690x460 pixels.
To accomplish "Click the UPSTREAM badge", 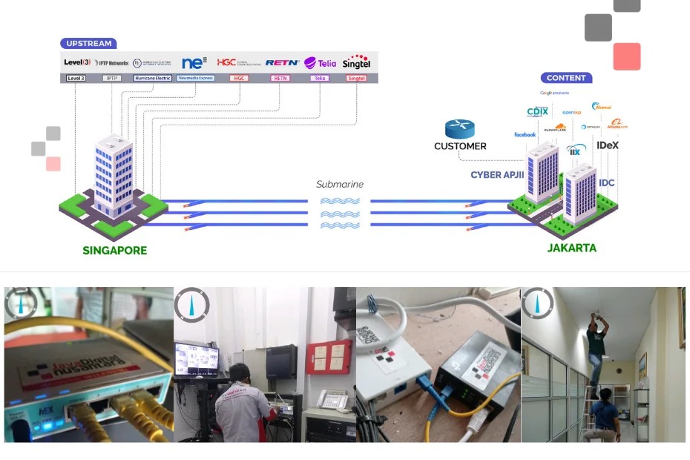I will click(88, 44).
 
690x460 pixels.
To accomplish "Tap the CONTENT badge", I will click(566, 78).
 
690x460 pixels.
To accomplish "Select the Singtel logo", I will click(356, 62).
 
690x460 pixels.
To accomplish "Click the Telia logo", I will click(321, 63).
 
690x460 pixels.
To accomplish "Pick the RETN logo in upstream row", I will click(282, 63).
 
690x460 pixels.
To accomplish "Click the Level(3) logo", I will click(77, 63).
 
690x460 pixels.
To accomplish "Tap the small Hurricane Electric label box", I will click(153, 78).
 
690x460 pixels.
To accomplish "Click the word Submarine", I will click(340, 184).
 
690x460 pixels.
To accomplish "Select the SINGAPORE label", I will click(115, 251).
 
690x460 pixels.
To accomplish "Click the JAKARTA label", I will click(571, 248).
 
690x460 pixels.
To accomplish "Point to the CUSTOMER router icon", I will click(460, 129).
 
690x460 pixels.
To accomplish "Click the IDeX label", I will click(607, 145).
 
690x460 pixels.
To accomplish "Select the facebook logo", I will click(525, 135).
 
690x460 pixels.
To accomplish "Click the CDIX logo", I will click(537, 112).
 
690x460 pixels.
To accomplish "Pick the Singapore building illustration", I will click(114, 178).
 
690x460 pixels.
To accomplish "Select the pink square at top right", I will click(627, 56).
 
